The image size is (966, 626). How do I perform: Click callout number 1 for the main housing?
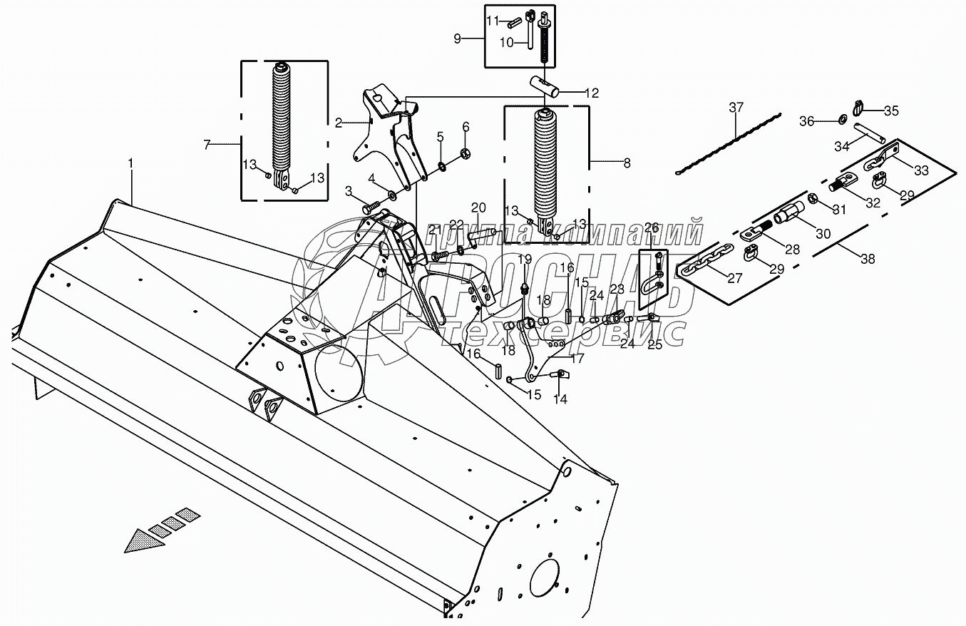point(130,163)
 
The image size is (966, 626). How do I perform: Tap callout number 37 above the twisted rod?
point(736,108)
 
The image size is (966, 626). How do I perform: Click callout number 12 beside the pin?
point(592,93)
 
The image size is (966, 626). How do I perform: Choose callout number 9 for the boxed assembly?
point(457,38)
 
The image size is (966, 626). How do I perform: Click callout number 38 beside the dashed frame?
point(867,259)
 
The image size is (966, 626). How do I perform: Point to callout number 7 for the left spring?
point(206,145)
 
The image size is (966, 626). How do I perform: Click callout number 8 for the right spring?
point(627,163)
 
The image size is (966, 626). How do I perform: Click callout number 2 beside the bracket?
point(338,123)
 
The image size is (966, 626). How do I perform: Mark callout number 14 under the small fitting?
point(560,399)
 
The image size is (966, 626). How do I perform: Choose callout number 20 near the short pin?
point(478,207)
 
